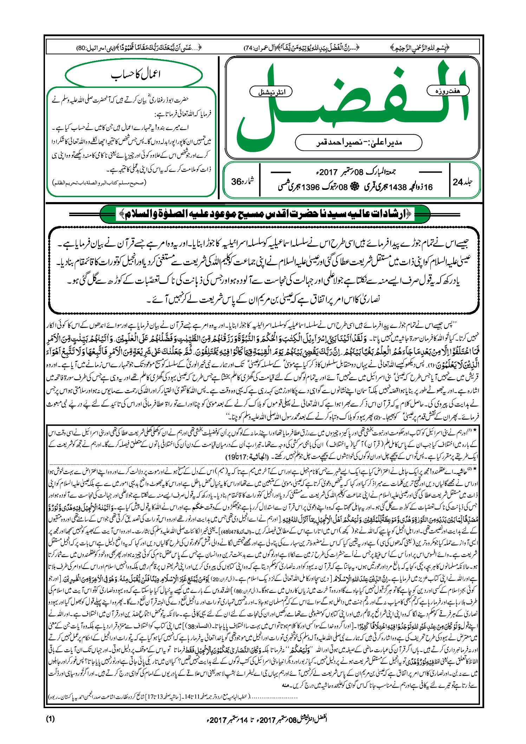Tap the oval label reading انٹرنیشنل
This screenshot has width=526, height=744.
pyautogui.click(x=271, y=92)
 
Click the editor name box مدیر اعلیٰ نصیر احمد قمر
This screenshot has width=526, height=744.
pyautogui.click(x=358, y=142)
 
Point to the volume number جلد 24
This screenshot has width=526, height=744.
pyautogui.click(x=463, y=182)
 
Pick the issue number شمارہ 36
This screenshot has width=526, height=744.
pyautogui.click(x=242, y=182)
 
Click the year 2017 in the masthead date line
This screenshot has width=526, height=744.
pyautogui.click(x=328, y=172)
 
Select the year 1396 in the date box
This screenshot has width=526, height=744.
pyautogui.click(x=311, y=187)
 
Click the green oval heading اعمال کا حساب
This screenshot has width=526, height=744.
pyautogui.click(x=134, y=75)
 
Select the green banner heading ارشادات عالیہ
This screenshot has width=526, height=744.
pyautogui.click(x=265, y=213)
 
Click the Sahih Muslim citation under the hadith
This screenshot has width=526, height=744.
pyautogui.click(x=99, y=183)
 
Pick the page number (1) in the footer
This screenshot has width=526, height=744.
pyautogui.click(x=50, y=718)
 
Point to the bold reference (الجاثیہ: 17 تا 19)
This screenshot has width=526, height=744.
pyautogui.click(x=247, y=457)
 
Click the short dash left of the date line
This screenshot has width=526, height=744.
pyautogui.click(x=281, y=172)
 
